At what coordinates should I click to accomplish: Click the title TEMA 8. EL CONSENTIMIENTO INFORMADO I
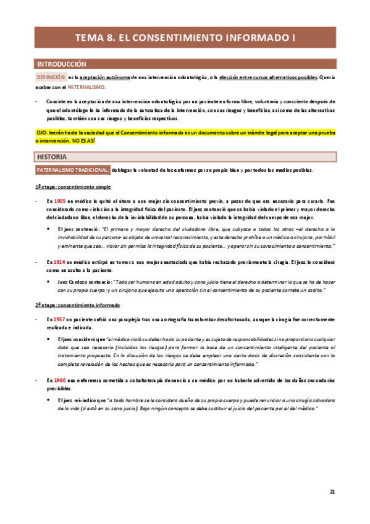tap(185, 37)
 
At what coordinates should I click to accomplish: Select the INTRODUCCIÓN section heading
tap(62, 64)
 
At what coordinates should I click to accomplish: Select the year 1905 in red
tap(60, 202)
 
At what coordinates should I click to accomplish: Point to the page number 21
tap(332, 491)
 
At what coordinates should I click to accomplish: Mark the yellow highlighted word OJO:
tap(43, 133)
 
